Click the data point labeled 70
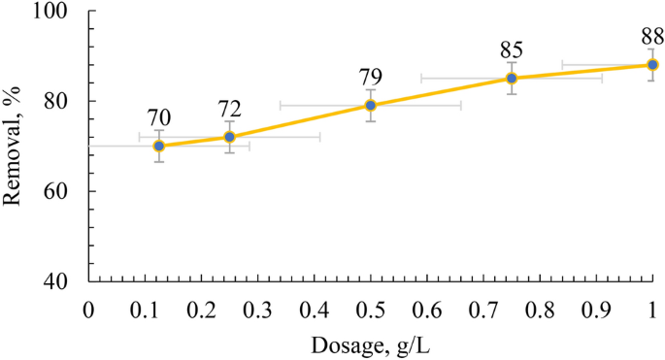[x=159, y=146]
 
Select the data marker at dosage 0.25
[x=229, y=137]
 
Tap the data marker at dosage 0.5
[x=370, y=105]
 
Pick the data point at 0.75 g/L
[x=512, y=78]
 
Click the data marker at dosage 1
[x=652, y=64]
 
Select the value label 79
[x=370, y=78]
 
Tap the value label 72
[x=229, y=109]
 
